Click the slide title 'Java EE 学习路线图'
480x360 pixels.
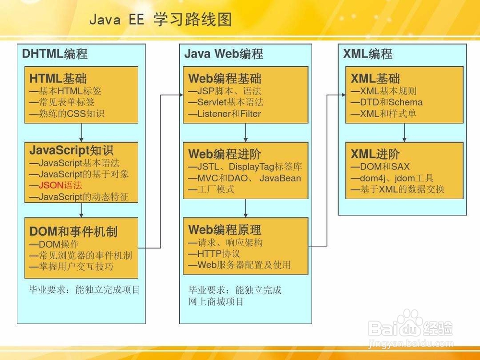160,20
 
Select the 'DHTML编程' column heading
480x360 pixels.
55,54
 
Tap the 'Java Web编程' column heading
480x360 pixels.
224,54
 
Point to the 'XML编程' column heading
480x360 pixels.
368,54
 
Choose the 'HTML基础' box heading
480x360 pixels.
58,79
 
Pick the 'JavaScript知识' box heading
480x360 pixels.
72,150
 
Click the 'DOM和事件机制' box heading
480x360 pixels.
73,231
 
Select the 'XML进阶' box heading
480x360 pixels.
375,154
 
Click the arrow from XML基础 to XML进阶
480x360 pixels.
404,132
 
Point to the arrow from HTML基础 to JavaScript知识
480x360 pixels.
81,132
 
